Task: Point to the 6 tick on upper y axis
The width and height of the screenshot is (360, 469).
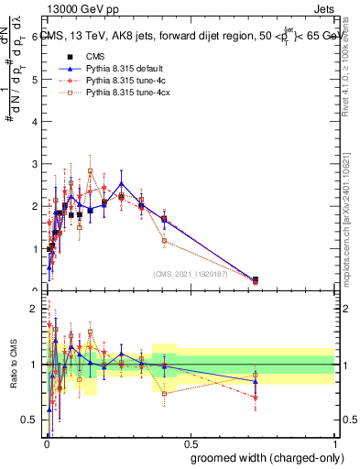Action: [x=37, y=38]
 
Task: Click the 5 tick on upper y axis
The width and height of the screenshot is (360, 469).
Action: [x=37, y=80]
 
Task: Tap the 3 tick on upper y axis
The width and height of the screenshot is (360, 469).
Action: [x=37, y=164]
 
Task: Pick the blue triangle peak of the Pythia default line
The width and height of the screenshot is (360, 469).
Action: [x=121, y=183]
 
